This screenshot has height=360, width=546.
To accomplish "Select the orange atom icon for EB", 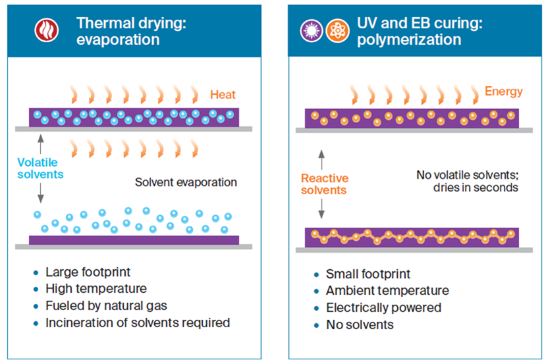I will click(333, 30).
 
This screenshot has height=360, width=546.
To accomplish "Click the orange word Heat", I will click(223, 95).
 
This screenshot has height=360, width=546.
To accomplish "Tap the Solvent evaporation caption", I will click(186, 182).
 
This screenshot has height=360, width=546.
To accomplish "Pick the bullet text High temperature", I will click(96, 289).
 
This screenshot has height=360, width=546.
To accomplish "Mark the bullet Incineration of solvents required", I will click(138, 323).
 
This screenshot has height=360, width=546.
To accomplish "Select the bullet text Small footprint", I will click(368, 274).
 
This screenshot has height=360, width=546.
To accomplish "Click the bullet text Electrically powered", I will click(384, 308).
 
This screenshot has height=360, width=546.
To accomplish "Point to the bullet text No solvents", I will click(360, 325).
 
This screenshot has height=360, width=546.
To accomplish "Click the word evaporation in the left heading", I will click(118, 39).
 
